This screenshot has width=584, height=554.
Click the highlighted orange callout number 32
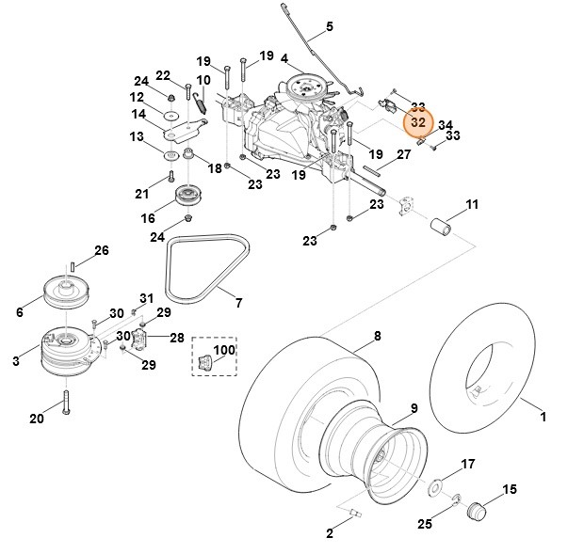coord(415,122)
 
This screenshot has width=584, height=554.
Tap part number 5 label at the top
coord(330,26)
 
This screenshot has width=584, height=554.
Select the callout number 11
coord(472,204)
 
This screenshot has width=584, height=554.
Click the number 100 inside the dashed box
coord(224,350)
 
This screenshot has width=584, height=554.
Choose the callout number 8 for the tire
coord(377,336)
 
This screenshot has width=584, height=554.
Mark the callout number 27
coord(402,155)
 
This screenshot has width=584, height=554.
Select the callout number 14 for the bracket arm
coord(138,114)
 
